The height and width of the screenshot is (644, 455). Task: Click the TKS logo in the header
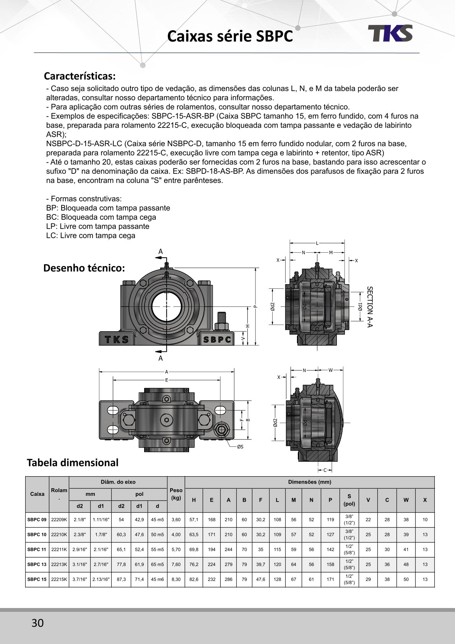[390, 33]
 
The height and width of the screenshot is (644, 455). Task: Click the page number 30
[37, 623]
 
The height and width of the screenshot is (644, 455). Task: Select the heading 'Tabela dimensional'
[73, 463]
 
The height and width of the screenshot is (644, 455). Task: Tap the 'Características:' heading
[80, 76]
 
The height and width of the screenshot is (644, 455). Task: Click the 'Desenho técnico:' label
[84, 268]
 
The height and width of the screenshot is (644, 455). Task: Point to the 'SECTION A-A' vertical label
[370, 307]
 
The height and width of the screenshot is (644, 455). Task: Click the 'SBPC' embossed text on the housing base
[217, 340]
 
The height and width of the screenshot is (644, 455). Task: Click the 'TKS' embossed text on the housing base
[117, 340]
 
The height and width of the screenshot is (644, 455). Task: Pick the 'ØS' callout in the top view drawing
[240, 446]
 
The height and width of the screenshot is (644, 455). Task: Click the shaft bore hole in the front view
[166, 306]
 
